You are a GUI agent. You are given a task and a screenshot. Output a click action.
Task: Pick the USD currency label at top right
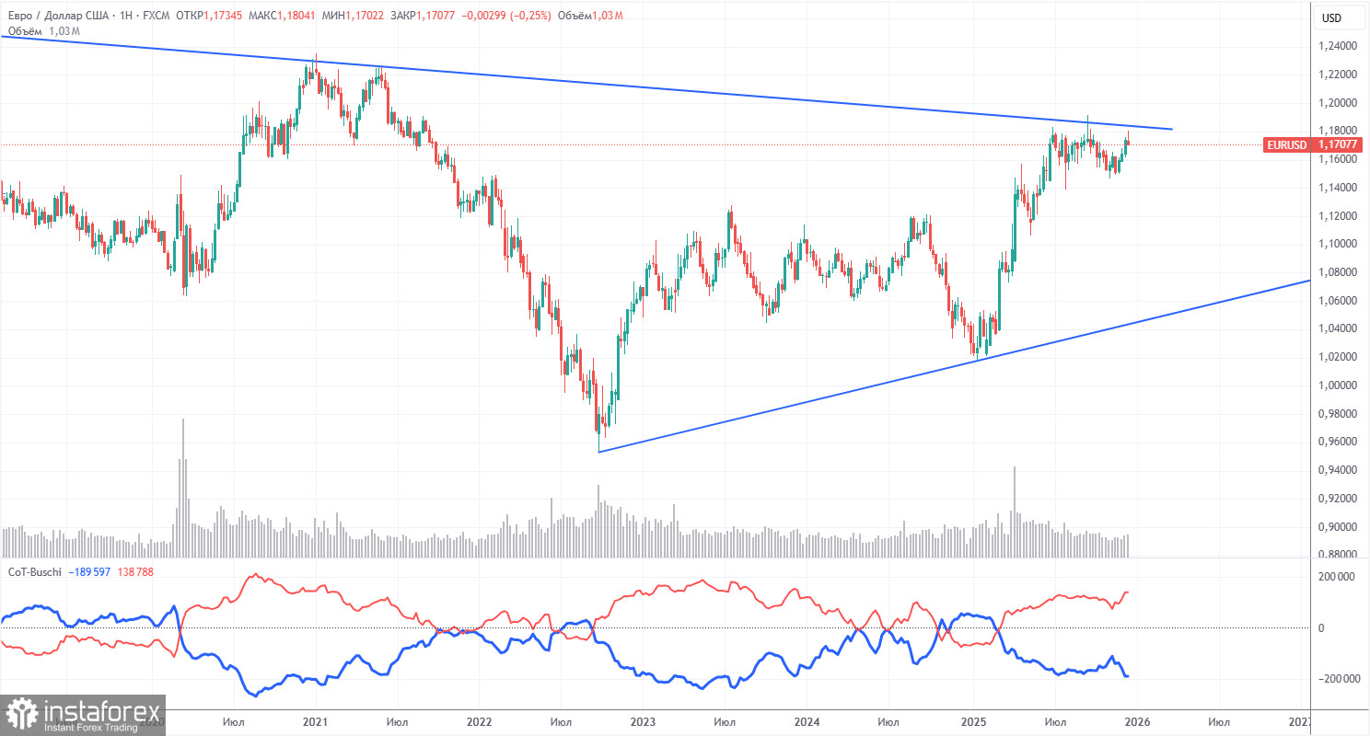click(1330, 17)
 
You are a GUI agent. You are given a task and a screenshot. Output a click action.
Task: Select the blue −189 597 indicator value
click(93, 572)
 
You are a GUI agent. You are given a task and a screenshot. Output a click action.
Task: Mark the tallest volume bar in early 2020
click(182, 488)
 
